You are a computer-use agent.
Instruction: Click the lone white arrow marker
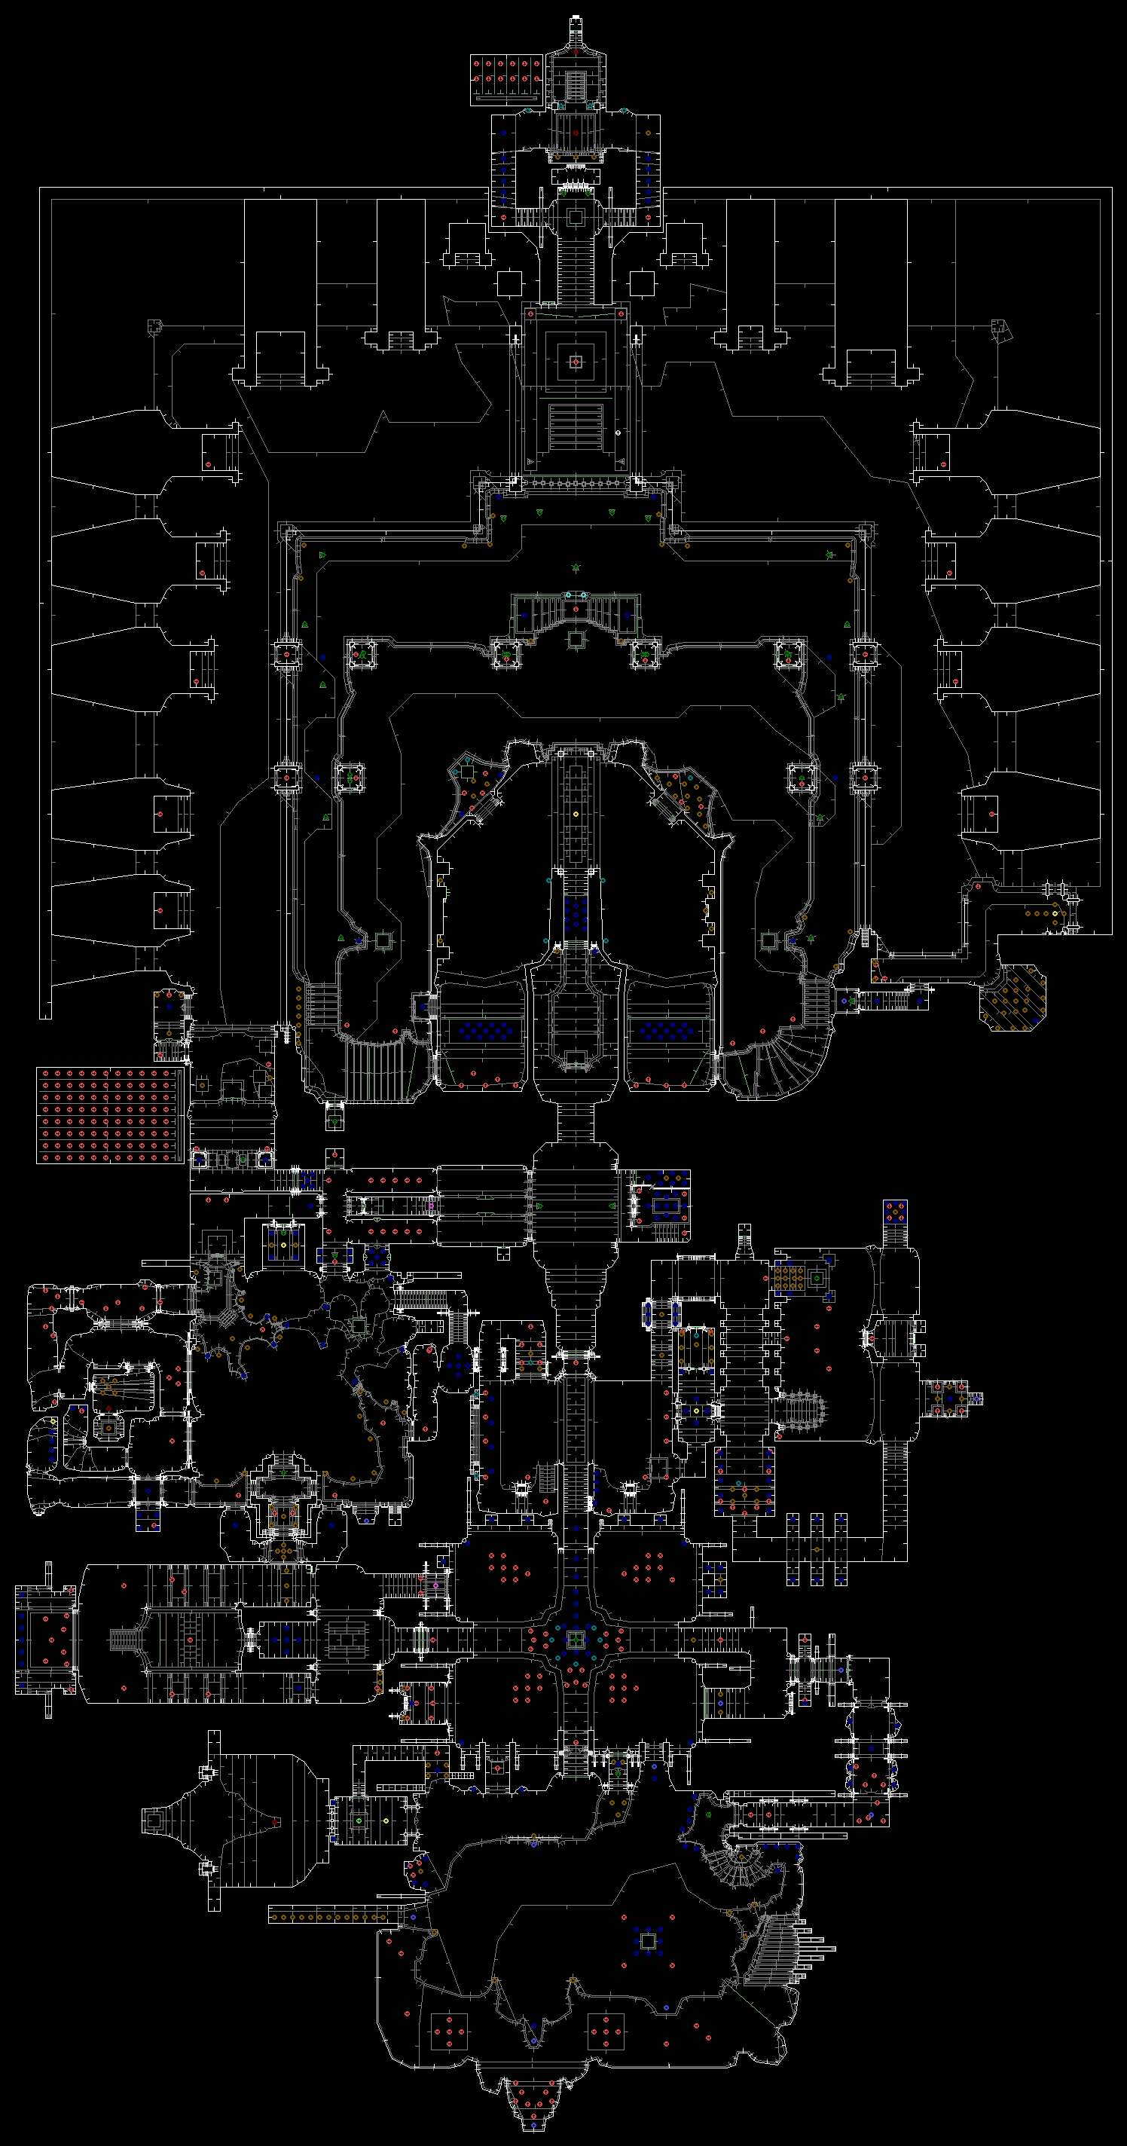coord(618,433)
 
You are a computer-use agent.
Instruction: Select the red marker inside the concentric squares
coord(576,361)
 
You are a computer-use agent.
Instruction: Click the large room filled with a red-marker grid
coord(108,1115)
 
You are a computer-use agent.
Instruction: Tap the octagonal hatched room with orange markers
coord(1012,997)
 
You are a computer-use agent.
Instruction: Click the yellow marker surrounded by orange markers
coord(1055,914)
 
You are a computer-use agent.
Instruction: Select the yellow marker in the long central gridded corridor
coord(576,814)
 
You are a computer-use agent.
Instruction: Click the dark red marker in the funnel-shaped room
coord(275,1822)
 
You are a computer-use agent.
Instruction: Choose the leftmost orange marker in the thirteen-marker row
coord(274,1917)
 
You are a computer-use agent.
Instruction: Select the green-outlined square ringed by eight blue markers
coord(648,1942)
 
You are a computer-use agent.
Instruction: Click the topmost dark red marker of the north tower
coord(576,52)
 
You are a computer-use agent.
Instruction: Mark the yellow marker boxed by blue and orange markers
coord(283,1246)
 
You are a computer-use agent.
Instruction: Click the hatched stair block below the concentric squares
coord(576,426)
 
